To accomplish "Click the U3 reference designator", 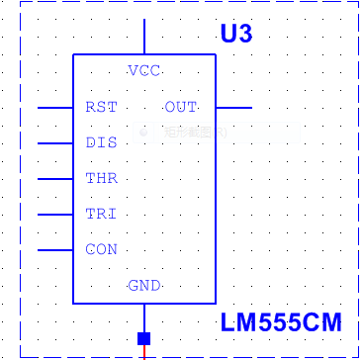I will pyautogui.click(x=236, y=35).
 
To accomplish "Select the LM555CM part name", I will pyautogui.click(x=281, y=323).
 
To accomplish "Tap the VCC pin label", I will pyautogui.click(x=144, y=70).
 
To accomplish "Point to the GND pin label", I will pyautogui.click(x=144, y=286).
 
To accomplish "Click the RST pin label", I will pyautogui.click(x=101, y=107).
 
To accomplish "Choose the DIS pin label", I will pyautogui.click(x=101, y=142).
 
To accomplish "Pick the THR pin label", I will pyautogui.click(x=101, y=178).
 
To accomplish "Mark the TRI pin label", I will pyautogui.click(x=101, y=214).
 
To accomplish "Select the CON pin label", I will pyautogui.click(x=101, y=249).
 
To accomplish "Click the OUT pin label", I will pyautogui.click(x=180, y=107).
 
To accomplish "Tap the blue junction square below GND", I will pyautogui.click(x=144, y=338).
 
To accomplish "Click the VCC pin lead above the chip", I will pyautogui.click(x=144, y=37).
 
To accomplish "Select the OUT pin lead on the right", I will pyautogui.click(x=233, y=107).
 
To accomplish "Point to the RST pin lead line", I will pyautogui.click(x=55, y=107).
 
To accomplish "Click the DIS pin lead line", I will pyautogui.click(x=55, y=142).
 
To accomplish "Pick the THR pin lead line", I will pyautogui.click(x=55, y=178).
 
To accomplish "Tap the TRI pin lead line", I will pyautogui.click(x=55, y=214).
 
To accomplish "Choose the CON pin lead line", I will pyautogui.click(x=55, y=249).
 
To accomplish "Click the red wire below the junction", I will pyautogui.click(x=144, y=353).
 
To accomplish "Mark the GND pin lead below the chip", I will pyautogui.click(x=144, y=317).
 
